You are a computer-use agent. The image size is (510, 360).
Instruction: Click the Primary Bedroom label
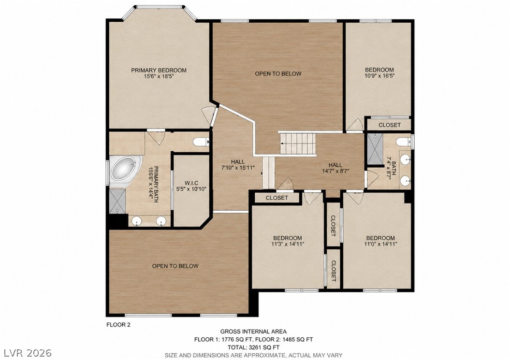(159, 70)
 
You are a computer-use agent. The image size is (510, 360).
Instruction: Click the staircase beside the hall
(298, 144)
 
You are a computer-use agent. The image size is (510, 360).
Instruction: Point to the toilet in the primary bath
(201, 142)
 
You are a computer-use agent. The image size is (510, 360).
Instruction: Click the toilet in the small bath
(403, 142)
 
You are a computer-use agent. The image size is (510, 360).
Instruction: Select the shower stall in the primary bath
(117, 202)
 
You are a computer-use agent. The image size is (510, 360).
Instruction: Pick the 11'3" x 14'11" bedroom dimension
(288, 244)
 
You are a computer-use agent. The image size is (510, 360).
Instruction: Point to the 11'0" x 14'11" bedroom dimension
(380, 244)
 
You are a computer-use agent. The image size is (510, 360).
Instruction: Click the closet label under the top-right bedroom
(390, 125)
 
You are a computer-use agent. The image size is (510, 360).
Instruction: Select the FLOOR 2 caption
(119, 324)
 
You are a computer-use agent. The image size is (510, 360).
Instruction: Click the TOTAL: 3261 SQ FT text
(254, 347)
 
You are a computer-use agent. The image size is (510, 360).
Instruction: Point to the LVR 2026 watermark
(28, 353)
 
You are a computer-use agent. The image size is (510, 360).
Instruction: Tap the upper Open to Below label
(278, 74)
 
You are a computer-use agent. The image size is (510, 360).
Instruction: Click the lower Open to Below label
(175, 266)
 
